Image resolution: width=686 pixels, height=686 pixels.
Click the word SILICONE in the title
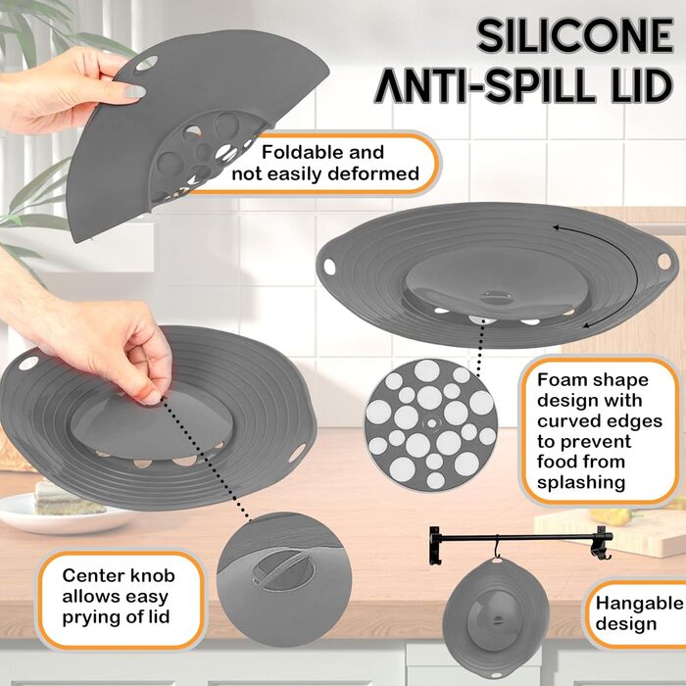tap(575, 36)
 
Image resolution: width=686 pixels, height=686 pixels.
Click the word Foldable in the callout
tap(299, 152)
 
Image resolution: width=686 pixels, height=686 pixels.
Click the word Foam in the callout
tap(560, 379)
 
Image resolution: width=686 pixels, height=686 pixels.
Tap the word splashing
tap(581, 483)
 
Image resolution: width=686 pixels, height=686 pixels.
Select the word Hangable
tap(640, 604)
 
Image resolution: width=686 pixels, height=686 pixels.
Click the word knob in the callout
tap(152, 575)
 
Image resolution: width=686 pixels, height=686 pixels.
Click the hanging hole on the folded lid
tap(147, 63)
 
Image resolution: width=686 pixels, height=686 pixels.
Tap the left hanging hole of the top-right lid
tap(329, 266)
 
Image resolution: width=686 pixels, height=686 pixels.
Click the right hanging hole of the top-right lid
tap(663, 262)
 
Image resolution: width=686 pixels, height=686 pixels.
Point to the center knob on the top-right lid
tap(497, 298)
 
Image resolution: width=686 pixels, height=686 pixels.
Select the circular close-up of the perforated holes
tap(431, 424)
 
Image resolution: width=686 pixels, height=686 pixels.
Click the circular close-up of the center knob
tap(284, 578)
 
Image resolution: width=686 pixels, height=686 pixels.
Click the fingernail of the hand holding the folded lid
tap(135, 91)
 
